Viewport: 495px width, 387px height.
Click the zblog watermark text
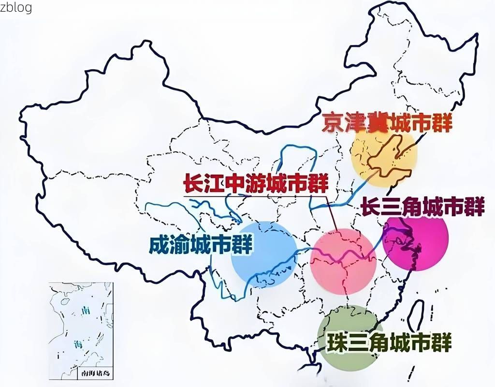(x=16, y=7)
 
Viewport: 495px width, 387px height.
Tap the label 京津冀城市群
(x=387, y=124)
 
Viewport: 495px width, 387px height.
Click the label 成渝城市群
(x=201, y=244)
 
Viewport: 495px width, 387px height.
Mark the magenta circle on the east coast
(x=416, y=242)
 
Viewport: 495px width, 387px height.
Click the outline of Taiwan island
(x=415, y=317)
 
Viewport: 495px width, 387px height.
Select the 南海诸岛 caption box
(x=94, y=374)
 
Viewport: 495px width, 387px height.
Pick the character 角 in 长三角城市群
(x=408, y=208)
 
